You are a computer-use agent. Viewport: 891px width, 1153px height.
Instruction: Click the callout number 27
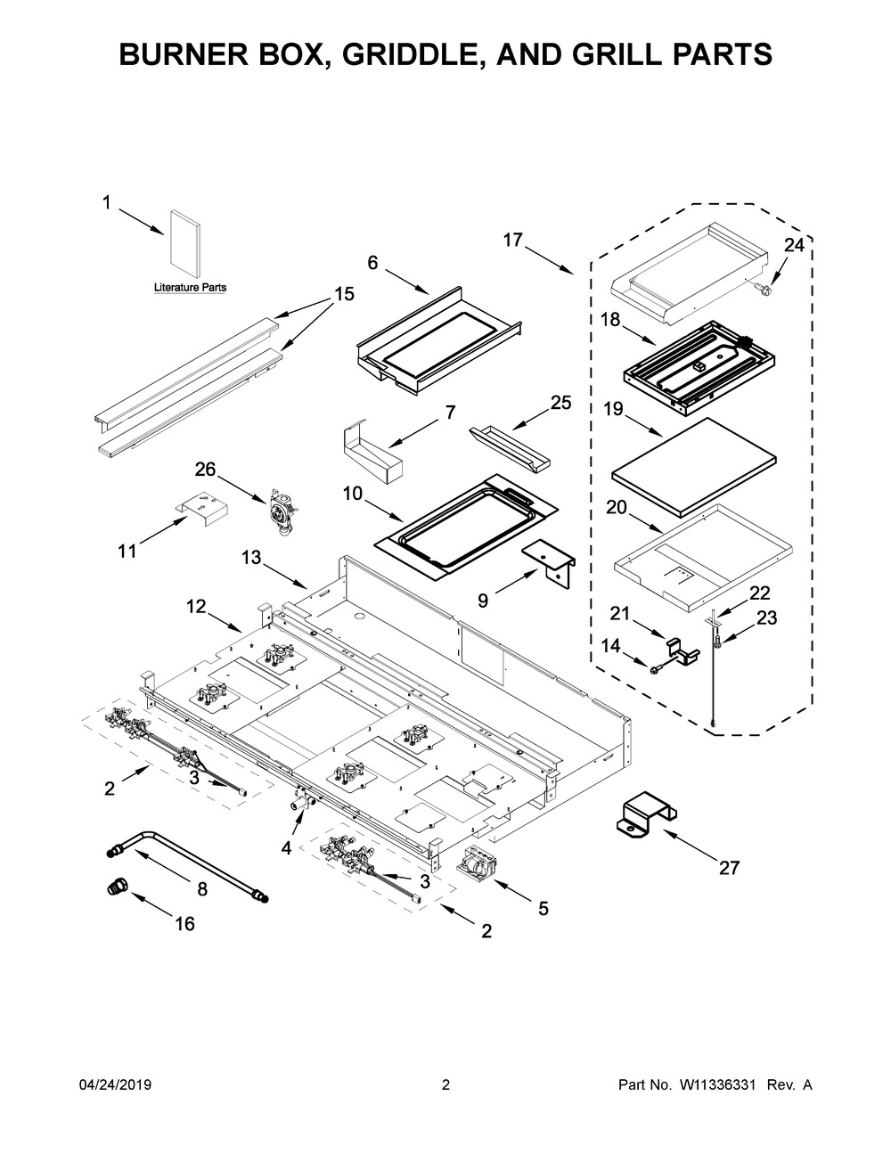729,867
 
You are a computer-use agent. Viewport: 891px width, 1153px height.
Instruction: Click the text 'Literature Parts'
190,288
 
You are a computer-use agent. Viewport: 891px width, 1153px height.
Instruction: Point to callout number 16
184,924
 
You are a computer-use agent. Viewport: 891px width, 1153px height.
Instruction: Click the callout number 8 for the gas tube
202,888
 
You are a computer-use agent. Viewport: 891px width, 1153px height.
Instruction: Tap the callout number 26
205,470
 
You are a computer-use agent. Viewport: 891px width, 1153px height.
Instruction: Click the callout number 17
511,241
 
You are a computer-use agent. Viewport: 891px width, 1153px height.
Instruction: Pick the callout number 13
251,557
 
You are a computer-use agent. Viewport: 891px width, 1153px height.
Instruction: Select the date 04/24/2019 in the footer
115,1085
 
